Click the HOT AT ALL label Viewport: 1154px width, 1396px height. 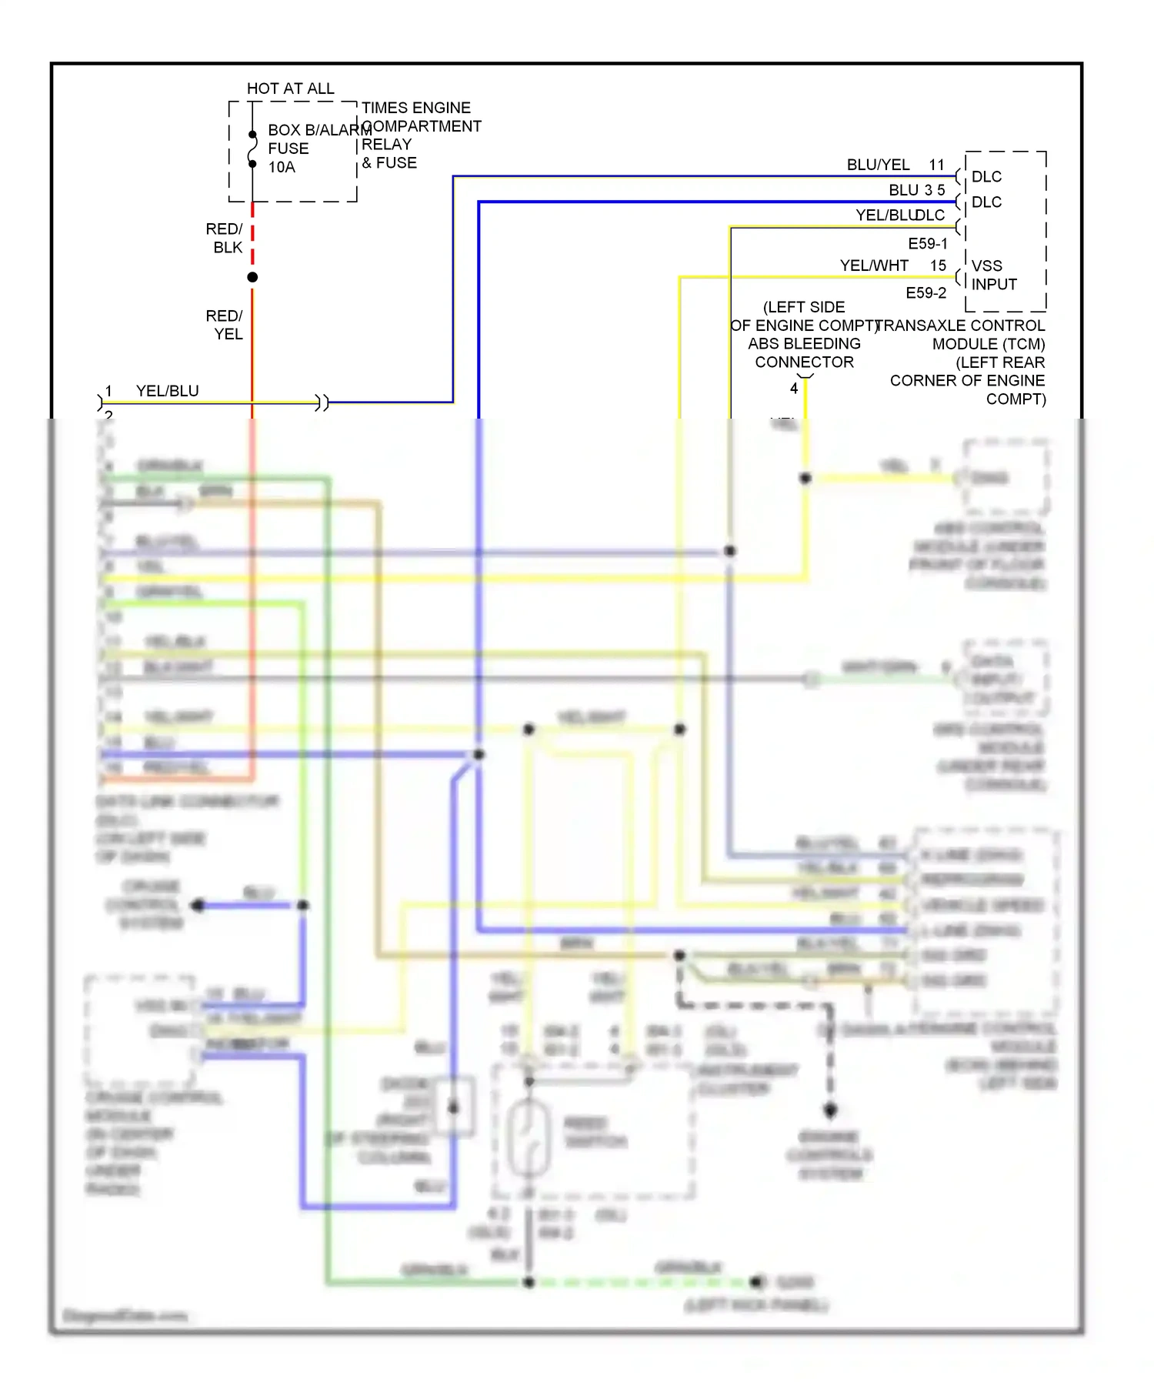[290, 89]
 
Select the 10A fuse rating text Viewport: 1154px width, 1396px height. [282, 167]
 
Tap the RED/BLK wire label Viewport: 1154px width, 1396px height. [224, 238]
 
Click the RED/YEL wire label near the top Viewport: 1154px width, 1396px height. [224, 325]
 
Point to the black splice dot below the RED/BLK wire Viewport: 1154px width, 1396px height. [252, 277]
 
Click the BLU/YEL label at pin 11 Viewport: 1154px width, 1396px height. [878, 165]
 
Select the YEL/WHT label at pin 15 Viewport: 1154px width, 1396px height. [874, 266]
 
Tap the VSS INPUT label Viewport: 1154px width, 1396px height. [993, 275]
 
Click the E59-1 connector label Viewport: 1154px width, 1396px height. [928, 244]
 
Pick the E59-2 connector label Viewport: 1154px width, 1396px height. [926, 293]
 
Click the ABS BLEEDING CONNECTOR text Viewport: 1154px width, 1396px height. [804, 352]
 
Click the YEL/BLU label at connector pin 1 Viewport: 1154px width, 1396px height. [167, 391]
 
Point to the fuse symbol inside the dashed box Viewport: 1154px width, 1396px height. [252, 149]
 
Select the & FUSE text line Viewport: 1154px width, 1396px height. [389, 163]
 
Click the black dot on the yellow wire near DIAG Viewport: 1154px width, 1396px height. [805, 478]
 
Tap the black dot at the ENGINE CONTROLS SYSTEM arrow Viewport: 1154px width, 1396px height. [830, 1110]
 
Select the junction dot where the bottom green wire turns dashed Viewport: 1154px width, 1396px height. [529, 1282]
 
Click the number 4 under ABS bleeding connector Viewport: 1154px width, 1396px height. [793, 389]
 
